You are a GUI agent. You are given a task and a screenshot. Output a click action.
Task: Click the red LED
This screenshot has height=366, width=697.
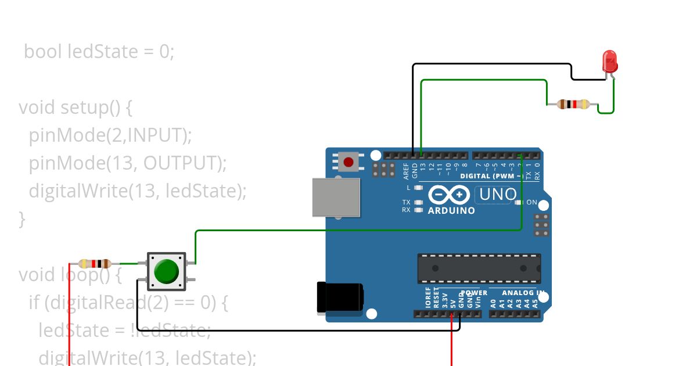tap(609, 61)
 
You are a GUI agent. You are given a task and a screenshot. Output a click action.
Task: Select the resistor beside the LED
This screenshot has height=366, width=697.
tap(573, 105)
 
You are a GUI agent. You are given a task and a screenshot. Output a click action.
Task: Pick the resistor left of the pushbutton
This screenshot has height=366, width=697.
tap(95, 263)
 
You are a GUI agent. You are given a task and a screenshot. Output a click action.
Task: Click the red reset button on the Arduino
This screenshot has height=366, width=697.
tap(348, 162)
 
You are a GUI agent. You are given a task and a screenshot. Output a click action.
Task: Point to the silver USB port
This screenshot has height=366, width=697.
tap(336, 198)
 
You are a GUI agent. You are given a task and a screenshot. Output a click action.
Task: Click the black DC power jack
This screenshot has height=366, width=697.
tap(339, 297)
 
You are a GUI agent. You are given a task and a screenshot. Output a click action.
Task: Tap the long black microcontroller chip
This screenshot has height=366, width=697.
tap(479, 268)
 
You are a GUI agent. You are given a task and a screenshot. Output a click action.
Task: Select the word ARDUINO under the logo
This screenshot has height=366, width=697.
tap(451, 210)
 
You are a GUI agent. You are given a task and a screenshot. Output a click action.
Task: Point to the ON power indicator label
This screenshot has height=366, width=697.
tap(531, 202)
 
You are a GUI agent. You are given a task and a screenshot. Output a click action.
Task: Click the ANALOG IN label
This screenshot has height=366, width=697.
tap(523, 293)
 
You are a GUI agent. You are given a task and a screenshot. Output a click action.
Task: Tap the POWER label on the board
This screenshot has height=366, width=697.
tap(474, 293)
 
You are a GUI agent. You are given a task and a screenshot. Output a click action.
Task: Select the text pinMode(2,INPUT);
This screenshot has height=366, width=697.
tap(110, 135)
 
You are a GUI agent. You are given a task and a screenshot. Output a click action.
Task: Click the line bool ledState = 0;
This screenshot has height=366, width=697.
tap(99, 52)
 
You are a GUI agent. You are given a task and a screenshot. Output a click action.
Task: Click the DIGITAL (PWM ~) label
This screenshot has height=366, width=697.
tap(491, 175)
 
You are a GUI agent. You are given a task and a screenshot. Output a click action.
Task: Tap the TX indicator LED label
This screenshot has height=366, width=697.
tap(406, 202)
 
